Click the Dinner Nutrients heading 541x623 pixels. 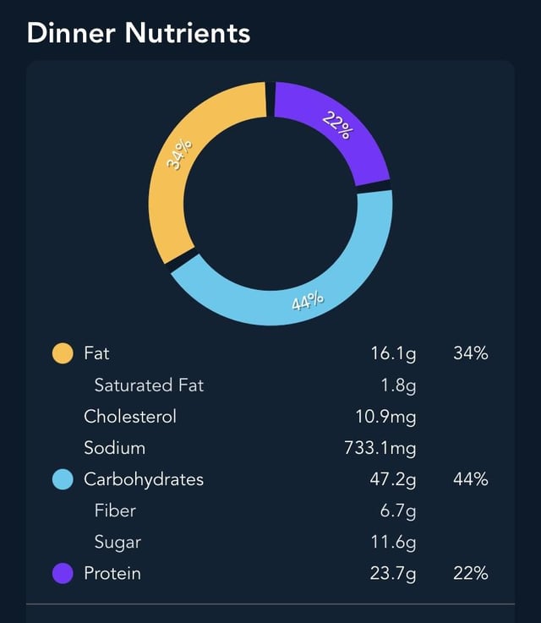click(x=139, y=33)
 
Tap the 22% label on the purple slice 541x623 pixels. click(x=337, y=125)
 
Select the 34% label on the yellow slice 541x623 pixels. click(x=179, y=154)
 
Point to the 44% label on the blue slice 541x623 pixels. click(x=308, y=301)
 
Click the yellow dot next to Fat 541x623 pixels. click(x=63, y=353)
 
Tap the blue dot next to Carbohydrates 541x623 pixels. click(x=63, y=479)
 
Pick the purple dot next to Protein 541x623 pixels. click(x=63, y=573)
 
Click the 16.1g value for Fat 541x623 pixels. click(x=393, y=354)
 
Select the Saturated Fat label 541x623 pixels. click(x=149, y=385)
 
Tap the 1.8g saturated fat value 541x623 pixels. click(x=398, y=385)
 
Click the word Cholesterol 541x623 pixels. click(x=130, y=417)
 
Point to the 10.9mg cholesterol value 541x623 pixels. click(x=385, y=418)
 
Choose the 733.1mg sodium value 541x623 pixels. click(x=380, y=449)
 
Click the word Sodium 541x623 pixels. click(x=114, y=448)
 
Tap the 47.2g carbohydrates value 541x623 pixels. click(x=393, y=480)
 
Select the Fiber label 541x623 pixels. click(x=115, y=511)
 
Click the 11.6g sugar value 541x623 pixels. click(x=393, y=543)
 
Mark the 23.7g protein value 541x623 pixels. click(x=393, y=574)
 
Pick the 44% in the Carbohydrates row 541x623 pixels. click(x=471, y=479)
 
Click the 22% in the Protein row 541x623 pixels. click(x=471, y=573)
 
